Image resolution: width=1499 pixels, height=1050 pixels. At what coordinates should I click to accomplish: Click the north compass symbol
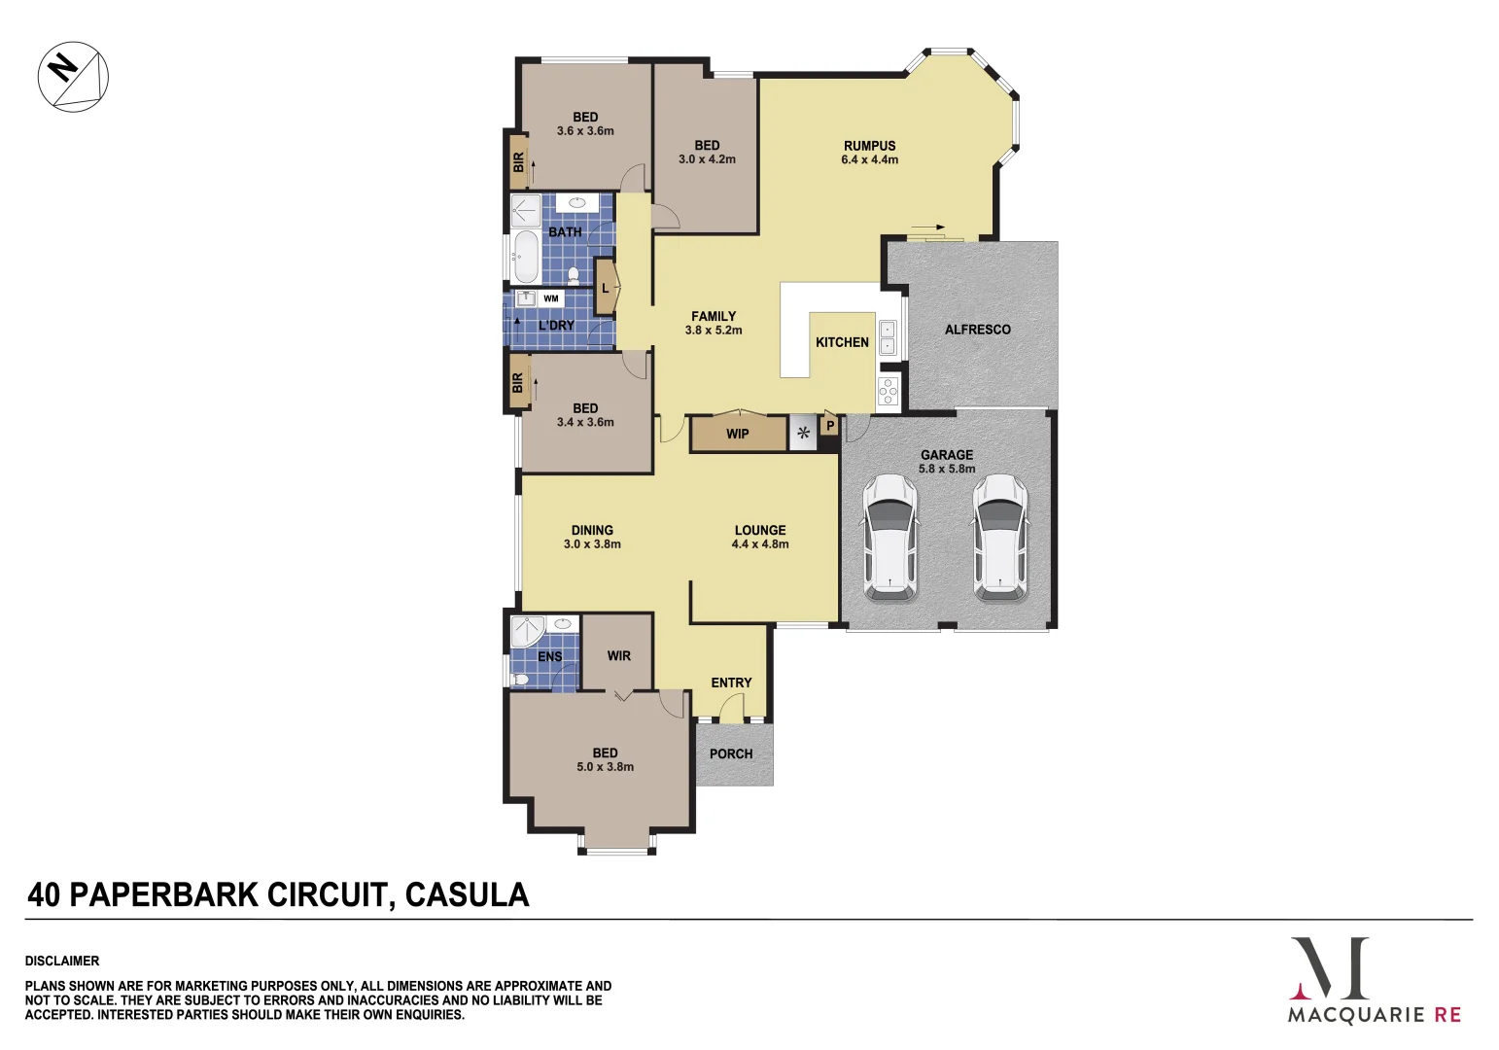pos(73,76)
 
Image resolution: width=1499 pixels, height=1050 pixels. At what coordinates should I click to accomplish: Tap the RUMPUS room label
pos(869,146)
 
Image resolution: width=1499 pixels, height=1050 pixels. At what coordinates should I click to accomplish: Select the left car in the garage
pos(889,538)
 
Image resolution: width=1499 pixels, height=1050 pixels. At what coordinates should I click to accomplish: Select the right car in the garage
pos(999,538)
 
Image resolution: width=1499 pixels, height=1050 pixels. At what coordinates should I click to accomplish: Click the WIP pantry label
pos(737,434)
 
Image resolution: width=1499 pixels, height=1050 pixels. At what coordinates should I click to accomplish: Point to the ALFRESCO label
pos(977,330)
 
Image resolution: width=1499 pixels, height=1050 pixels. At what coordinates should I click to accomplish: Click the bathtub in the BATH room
pos(525,257)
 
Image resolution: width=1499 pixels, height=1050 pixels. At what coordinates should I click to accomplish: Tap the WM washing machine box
pos(551,298)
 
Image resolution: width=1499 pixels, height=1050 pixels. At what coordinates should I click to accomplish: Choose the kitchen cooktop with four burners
pos(889,391)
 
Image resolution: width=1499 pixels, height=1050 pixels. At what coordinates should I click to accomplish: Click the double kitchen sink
pos(888,337)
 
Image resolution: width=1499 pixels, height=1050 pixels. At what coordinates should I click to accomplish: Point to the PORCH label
pos(731,753)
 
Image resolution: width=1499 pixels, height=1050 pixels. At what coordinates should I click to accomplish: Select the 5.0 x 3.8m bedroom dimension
pos(605,767)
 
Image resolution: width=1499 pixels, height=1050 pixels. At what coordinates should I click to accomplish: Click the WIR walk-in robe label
pos(618,656)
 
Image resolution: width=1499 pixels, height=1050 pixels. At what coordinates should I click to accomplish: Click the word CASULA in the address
pos(467,894)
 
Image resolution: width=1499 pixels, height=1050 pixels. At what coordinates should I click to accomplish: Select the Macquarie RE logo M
pos(1329,967)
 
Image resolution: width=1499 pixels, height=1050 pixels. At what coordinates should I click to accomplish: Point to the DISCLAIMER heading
pos(62,961)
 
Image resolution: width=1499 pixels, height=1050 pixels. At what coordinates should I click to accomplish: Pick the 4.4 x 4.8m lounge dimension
pos(760,544)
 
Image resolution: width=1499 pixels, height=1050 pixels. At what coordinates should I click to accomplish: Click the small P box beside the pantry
pos(830,425)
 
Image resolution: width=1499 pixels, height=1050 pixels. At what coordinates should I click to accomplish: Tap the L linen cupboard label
pos(605,289)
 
